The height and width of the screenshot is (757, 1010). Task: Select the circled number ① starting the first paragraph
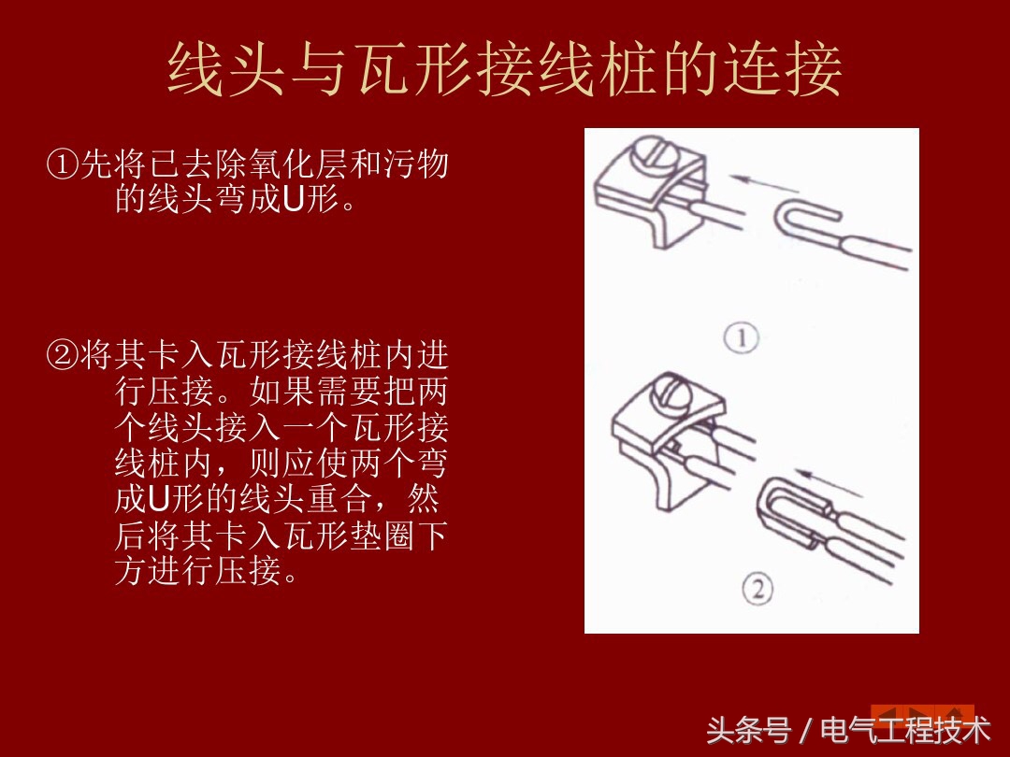pos(63,166)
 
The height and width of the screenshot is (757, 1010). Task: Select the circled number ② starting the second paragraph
pos(63,356)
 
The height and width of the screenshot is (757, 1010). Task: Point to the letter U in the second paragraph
pos(157,499)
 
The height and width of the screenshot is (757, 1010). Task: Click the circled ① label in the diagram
pos(742,337)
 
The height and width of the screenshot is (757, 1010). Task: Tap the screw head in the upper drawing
pos(648,153)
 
